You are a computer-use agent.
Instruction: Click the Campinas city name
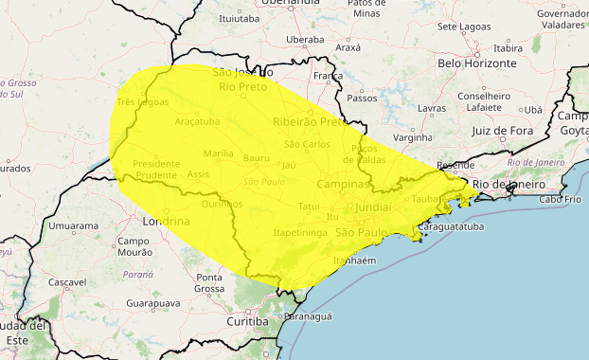[342, 184]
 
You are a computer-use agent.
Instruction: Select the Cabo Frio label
[562, 199]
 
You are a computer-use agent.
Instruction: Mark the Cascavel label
[66, 282]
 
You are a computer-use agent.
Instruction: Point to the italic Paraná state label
[137, 274]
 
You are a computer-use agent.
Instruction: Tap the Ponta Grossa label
[209, 282]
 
